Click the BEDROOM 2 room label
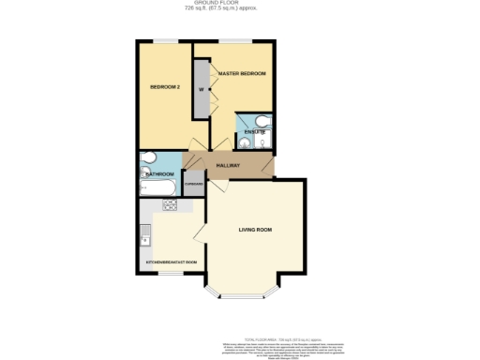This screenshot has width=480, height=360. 165,87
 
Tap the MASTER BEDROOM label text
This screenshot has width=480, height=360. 242,73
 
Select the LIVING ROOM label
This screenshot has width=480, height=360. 255,230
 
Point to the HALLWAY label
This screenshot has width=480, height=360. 229,166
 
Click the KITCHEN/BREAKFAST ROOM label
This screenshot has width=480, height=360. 171,262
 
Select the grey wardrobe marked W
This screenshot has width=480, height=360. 201,90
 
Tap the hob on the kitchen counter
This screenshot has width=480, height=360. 170,205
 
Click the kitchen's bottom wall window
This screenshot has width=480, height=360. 170,275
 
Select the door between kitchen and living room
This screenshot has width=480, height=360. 200,231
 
